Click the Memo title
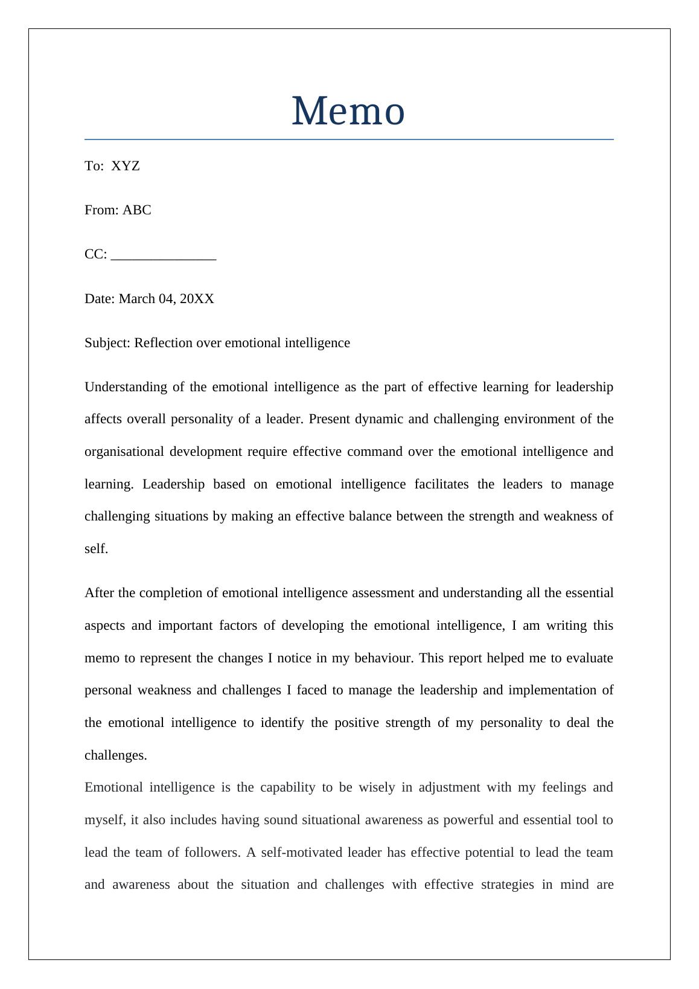[348, 112]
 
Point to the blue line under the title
[349, 139]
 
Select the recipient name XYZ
[126, 166]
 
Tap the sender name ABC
[137, 210]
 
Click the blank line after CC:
[164, 255]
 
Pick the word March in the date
[137, 299]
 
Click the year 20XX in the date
[197, 299]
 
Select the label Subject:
[107, 343]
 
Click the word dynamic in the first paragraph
[380, 419]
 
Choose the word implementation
[555, 690]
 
